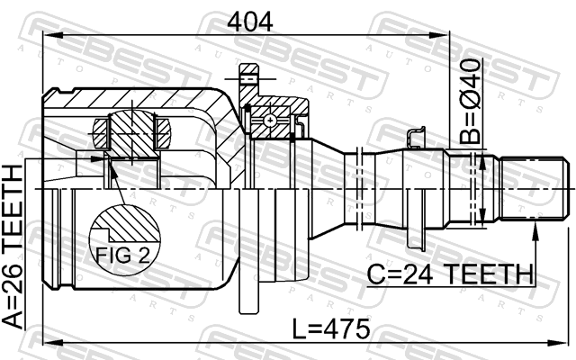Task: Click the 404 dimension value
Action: (x=250, y=22)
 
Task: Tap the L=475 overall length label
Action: (x=331, y=328)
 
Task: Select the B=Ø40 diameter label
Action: (x=470, y=101)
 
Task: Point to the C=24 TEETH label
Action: (x=450, y=274)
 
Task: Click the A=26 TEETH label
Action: (x=13, y=247)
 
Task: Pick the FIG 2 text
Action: (x=122, y=255)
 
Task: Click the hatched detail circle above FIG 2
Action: (x=125, y=239)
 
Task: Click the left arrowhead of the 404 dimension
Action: (x=53, y=35)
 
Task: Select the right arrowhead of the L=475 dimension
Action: (x=559, y=343)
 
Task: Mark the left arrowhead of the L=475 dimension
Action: (x=53, y=343)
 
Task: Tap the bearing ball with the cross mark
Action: (x=270, y=120)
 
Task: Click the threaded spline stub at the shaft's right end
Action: (x=534, y=188)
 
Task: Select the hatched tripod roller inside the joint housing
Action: (x=131, y=134)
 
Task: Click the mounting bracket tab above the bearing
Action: (x=248, y=79)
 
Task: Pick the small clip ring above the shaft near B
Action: (x=416, y=138)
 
